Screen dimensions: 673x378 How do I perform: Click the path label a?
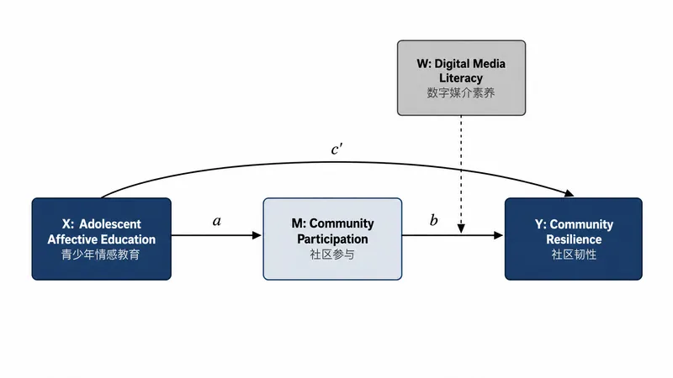point(217,221)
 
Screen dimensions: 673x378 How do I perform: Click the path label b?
point(433,220)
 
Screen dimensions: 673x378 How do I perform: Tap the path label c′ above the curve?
point(336,150)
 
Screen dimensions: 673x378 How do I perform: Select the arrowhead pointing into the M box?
point(257,235)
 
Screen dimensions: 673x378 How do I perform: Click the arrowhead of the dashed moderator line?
point(461,228)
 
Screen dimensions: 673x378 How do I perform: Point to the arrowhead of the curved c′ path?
point(570,193)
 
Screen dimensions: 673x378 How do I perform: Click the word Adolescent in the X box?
point(110,224)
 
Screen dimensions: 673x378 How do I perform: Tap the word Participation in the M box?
point(332,239)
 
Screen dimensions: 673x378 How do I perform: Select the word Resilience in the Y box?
point(574,239)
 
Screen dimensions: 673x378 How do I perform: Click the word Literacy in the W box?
point(461,78)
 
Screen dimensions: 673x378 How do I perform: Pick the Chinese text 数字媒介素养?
point(461,93)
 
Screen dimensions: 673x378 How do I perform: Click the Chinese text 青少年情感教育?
point(101,255)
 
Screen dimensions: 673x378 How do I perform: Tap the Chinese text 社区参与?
point(332,255)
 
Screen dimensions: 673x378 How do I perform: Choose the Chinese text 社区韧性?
point(574,255)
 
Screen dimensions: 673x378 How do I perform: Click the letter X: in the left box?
point(68,224)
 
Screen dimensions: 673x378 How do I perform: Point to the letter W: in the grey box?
point(424,64)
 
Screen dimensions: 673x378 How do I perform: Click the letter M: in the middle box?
point(299,223)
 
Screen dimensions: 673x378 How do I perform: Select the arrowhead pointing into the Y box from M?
point(498,235)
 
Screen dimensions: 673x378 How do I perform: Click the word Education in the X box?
point(129,239)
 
